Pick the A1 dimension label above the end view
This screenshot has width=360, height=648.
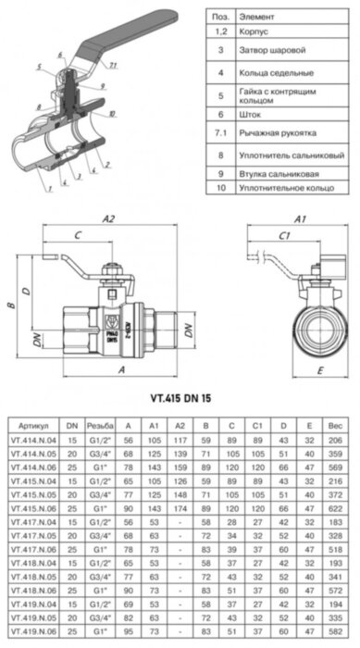(299, 218)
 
